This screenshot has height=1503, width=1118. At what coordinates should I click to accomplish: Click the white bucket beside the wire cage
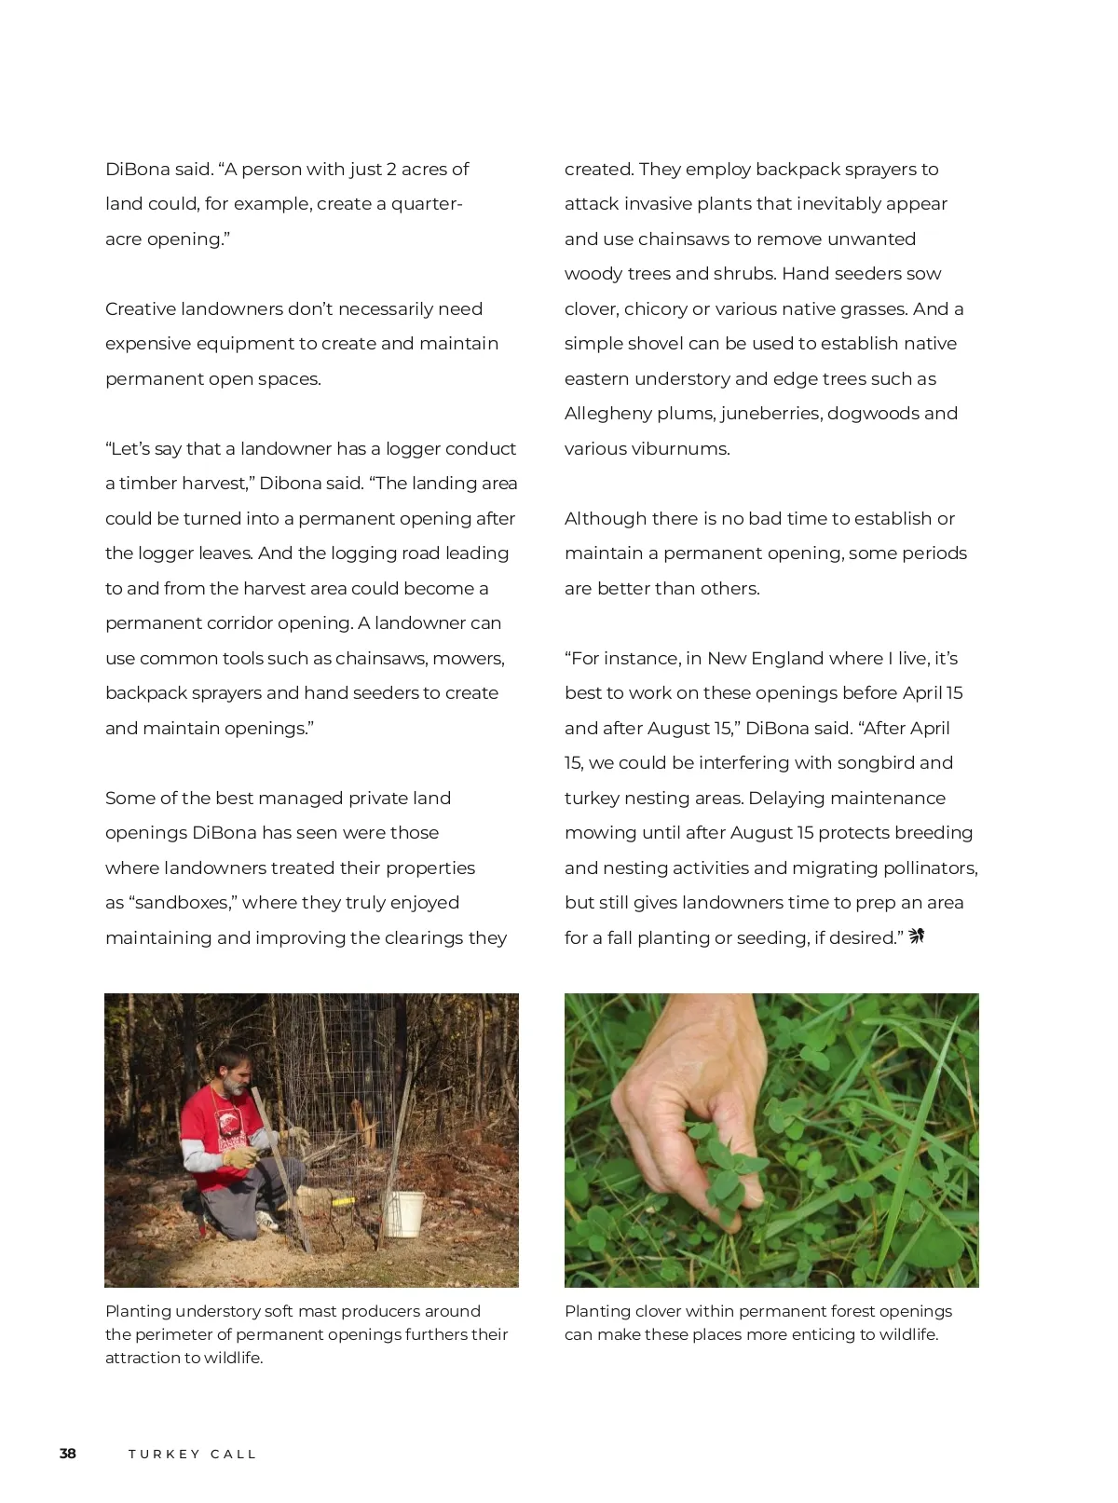404,1213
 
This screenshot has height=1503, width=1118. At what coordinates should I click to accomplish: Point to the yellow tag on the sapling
343,1202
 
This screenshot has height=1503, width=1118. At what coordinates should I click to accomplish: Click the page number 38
68,1454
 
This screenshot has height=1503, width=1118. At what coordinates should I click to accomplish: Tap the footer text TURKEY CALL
192,1454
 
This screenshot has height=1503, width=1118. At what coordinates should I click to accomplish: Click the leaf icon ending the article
917,936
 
